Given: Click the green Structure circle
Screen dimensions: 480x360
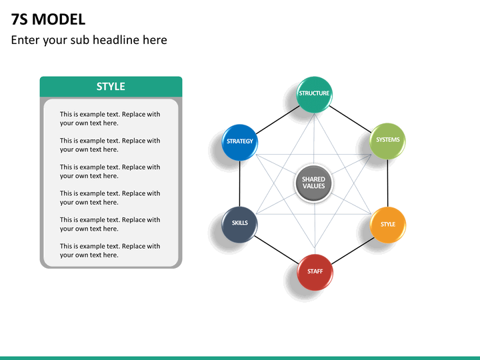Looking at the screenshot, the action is pos(314,95).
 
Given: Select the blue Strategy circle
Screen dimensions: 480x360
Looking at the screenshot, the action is pos(240,143).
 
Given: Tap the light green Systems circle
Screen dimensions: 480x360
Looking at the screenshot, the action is pos(387,141).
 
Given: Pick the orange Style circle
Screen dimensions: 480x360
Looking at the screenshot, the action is pos(387,225).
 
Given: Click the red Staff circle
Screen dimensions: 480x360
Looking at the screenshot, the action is pos(315,272).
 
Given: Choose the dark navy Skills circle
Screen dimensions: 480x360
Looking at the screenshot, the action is pos(239,225).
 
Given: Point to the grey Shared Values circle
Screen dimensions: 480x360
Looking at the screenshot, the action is pos(313,183).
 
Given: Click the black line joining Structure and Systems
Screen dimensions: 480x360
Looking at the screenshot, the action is pos(350,119).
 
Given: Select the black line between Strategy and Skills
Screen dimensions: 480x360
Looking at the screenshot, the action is pos(240,184).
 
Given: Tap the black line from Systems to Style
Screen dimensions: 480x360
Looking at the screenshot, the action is pos(387,183).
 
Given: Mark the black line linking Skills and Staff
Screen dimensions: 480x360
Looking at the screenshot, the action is pos(277,249).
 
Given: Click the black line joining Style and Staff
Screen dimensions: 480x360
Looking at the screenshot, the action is pos(353,251).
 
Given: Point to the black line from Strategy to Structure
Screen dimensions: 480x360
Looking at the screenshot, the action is pos(277,120).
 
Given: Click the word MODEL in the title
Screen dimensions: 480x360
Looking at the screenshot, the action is pos(59,19).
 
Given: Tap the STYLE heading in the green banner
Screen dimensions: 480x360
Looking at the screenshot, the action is pos(111,87).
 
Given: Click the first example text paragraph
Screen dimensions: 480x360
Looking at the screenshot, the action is pos(110,119).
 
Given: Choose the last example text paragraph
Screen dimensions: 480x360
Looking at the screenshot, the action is pos(110,251).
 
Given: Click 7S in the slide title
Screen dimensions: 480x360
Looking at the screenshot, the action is pos(19,19).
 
